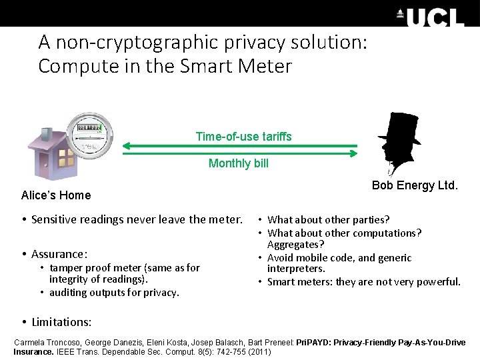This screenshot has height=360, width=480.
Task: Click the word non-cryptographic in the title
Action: coord(129,43)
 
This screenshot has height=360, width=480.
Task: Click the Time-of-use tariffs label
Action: coord(243,137)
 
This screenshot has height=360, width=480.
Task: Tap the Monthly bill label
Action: coord(239,163)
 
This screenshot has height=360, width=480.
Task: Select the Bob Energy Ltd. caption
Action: coord(415,185)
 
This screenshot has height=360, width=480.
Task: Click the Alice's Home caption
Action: coord(56,195)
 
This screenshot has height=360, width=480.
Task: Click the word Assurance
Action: coord(59,254)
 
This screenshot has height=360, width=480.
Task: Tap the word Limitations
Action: coord(61,322)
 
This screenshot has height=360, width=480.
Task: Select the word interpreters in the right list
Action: coord(296,269)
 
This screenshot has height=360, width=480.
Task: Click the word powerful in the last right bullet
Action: coord(436,281)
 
